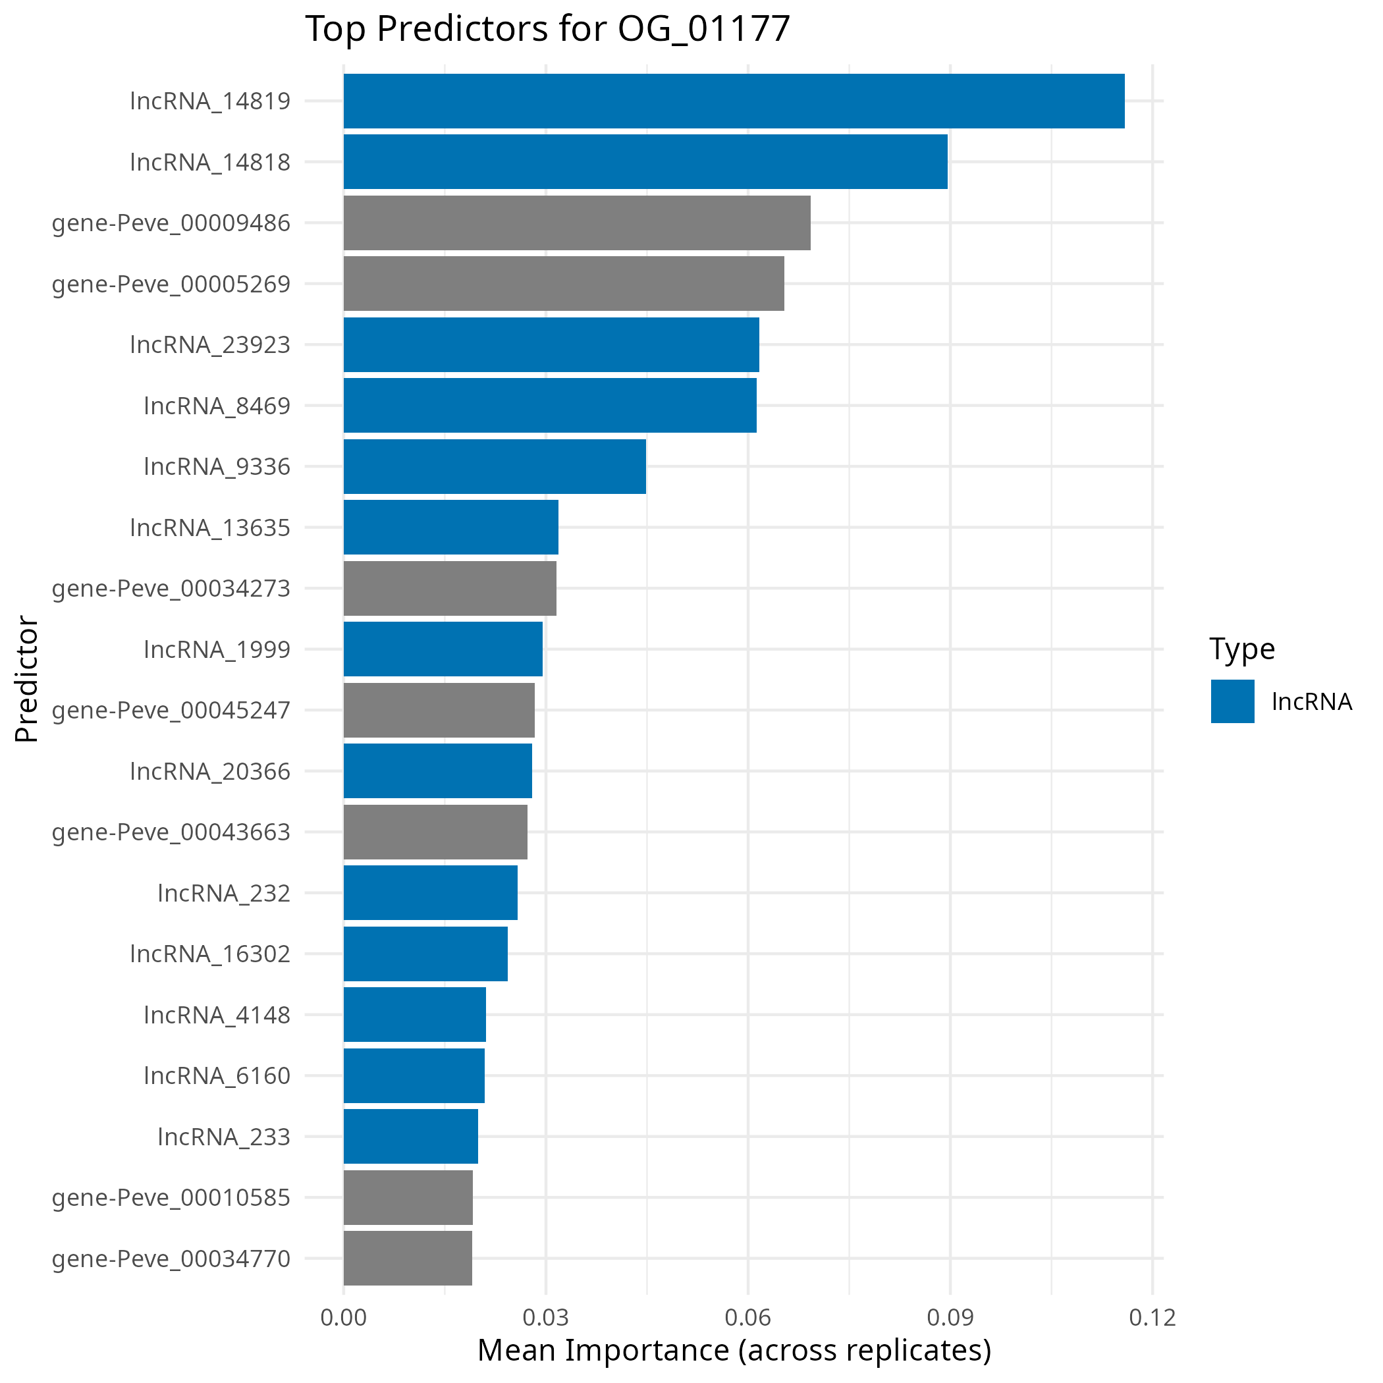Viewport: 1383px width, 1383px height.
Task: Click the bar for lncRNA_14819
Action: coord(733,101)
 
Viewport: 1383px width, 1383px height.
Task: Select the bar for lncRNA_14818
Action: coord(645,162)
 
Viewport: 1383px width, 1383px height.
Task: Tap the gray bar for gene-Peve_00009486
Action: coord(576,223)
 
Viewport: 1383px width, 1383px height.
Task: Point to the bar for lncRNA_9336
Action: coord(494,466)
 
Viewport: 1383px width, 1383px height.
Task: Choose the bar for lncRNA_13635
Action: coord(450,527)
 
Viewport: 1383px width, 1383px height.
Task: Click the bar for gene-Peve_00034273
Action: coord(450,588)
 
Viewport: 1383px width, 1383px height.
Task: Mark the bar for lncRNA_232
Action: coord(430,892)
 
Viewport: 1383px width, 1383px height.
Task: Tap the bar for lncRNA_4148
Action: coord(414,1014)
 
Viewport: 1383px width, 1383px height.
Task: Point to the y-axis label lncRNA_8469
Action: coord(217,406)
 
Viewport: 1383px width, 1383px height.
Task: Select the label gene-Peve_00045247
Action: coord(171,710)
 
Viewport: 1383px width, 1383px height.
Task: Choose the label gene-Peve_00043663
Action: coord(171,832)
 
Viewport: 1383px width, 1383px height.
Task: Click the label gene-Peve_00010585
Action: coord(171,1197)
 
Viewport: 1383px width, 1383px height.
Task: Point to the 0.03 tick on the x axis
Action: coord(545,1317)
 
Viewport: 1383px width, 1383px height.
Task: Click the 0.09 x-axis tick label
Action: coord(950,1317)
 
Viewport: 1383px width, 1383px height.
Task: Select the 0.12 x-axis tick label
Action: coord(1152,1317)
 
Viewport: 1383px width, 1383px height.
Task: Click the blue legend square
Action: coord(1232,701)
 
